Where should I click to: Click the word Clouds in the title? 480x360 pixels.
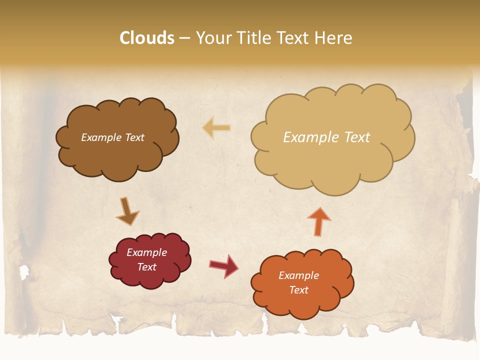coord(147,38)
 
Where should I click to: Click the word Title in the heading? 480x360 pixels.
coord(254,38)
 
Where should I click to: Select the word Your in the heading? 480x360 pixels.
coord(214,38)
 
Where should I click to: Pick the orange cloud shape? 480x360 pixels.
coord(302,305)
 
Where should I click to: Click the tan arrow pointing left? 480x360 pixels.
coord(216,127)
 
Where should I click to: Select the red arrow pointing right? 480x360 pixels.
coord(223,265)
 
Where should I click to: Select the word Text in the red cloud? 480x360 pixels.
coord(147,267)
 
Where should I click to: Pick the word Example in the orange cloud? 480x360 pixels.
coord(298,275)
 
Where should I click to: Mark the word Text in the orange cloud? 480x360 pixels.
coord(298,290)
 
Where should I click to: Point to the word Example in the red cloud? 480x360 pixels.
coord(147,252)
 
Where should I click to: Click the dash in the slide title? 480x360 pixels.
coord(184,38)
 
